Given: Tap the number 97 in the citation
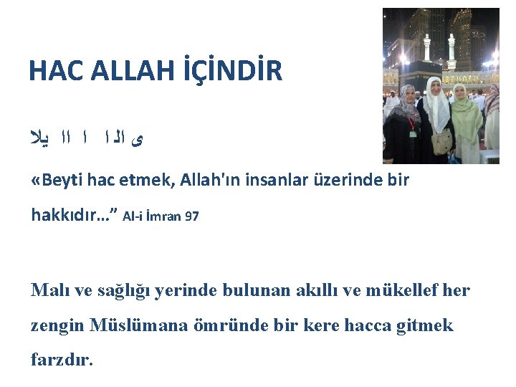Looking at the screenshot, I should (x=191, y=215).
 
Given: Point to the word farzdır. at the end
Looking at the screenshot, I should (x=62, y=359).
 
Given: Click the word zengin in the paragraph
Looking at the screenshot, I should (x=57, y=326).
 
